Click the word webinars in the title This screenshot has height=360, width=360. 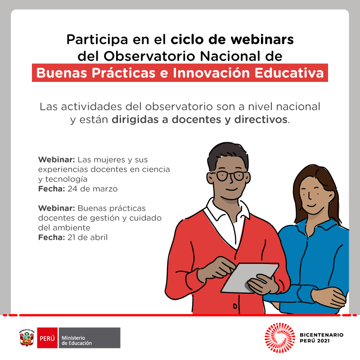(x=262, y=40)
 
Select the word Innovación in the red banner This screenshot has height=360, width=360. (x=211, y=73)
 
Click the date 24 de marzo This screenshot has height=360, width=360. (x=93, y=189)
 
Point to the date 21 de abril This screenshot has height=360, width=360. (x=87, y=237)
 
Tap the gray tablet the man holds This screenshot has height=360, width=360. (x=250, y=278)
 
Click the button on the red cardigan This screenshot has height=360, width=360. (x=235, y=306)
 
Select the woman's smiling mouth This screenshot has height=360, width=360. (x=311, y=205)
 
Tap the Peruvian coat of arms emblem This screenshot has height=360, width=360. (x=27, y=338)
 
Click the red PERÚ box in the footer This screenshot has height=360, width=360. (x=47, y=338)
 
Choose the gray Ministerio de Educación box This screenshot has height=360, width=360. (x=90, y=338)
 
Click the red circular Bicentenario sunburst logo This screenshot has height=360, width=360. (x=279, y=338)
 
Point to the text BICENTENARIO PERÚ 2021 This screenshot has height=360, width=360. (x=321, y=338)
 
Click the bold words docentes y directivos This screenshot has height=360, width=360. (x=229, y=120)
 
